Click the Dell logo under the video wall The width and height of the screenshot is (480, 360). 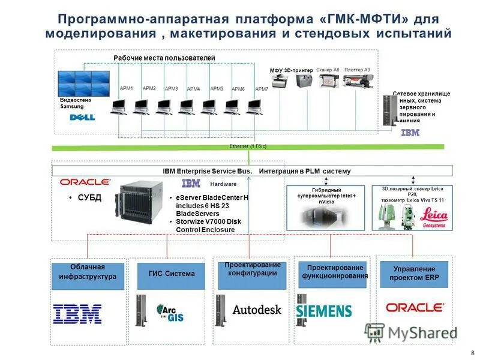tap(83, 117)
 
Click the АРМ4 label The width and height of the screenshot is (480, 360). tap(193, 89)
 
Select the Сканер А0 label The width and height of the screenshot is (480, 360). tap(328, 70)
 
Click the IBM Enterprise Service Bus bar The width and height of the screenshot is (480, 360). tap(256, 171)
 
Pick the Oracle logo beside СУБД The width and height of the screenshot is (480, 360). tap(85, 182)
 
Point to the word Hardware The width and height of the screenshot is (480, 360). tap(223, 184)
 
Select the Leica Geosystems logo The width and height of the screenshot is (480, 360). tap(433, 217)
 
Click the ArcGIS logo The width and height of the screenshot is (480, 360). tap(170, 313)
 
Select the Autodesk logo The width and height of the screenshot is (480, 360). tap(257, 310)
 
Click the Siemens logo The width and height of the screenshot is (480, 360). tap(324, 311)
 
